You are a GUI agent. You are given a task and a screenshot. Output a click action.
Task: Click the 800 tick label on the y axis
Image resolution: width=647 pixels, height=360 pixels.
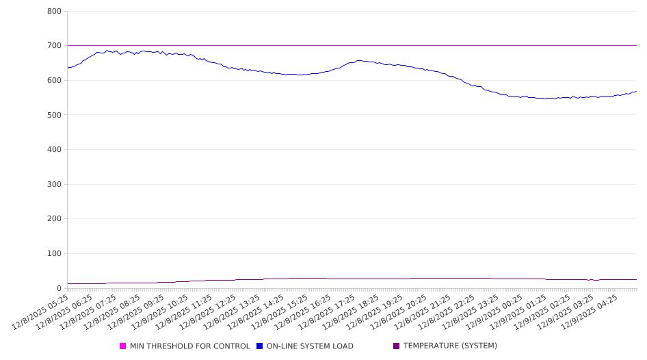tap(55, 12)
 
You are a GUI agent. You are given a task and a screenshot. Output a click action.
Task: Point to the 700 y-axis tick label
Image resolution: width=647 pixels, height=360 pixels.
tap(55, 46)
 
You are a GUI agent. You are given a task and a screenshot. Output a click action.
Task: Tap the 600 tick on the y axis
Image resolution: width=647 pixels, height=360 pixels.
tap(55, 81)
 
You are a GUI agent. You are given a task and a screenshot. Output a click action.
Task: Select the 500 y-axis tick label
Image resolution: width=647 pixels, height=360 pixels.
tap(55, 115)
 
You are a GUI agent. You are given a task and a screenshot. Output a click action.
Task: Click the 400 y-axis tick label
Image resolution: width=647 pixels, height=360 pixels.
tap(55, 150)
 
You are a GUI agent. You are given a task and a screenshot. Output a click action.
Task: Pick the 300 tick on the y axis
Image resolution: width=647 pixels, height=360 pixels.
tap(55, 185)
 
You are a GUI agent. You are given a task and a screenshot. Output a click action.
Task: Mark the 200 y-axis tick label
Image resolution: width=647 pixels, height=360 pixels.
tap(55, 219)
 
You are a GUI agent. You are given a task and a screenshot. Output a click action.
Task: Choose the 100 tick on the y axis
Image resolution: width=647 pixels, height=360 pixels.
tap(55, 254)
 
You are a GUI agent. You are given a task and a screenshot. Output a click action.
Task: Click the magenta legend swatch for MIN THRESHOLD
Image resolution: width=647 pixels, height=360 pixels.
tap(123, 346)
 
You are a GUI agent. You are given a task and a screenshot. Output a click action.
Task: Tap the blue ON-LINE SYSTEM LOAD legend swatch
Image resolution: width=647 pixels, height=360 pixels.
tap(260, 346)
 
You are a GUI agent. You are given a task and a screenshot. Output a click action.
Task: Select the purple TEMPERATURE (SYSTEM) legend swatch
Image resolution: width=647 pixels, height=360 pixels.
tap(396, 346)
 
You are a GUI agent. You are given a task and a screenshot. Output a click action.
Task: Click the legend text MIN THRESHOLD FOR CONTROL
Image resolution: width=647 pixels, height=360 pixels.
tap(189, 346)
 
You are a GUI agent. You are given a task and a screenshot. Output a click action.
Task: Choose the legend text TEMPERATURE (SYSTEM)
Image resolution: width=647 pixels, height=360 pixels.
tap(450, 346)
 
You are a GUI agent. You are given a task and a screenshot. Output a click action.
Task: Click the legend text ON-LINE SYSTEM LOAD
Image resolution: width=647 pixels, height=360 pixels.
tap(310, 346)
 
